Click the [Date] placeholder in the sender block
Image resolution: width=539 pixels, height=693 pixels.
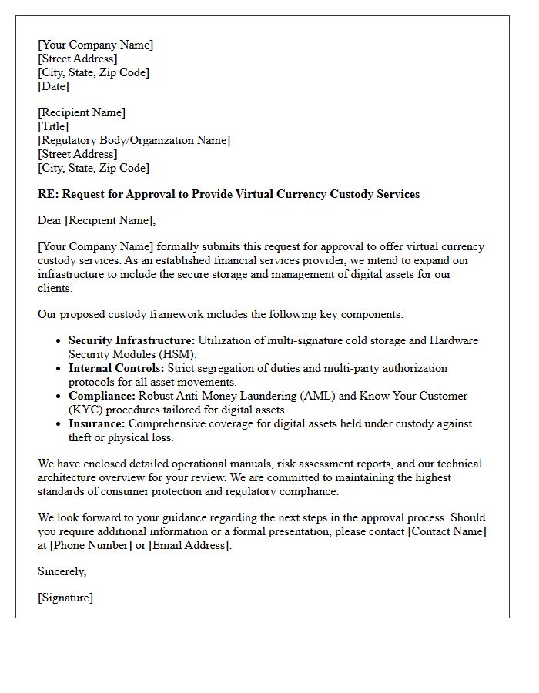click(x=54, y=86)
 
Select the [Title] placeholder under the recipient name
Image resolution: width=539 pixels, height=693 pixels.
click(x=54, y=126)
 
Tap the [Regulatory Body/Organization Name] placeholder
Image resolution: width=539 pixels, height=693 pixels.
click(x=134, y=140)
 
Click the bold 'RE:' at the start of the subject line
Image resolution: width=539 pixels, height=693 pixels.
click(x=48, y=194)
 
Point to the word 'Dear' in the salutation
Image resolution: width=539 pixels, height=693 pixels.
click(x=50, y=220)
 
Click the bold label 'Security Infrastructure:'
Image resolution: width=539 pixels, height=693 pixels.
click(x=132, y=340)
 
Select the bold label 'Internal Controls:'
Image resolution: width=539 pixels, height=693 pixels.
click(x=116, y=368)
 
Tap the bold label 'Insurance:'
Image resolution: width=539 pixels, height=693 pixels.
click(x=97, y=423)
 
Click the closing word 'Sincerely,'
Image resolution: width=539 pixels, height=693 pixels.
click(x=62, y=571)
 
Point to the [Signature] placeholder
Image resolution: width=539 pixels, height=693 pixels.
click(x=65, y=598)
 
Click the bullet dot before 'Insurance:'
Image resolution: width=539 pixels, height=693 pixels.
click(x=59, y=424)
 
